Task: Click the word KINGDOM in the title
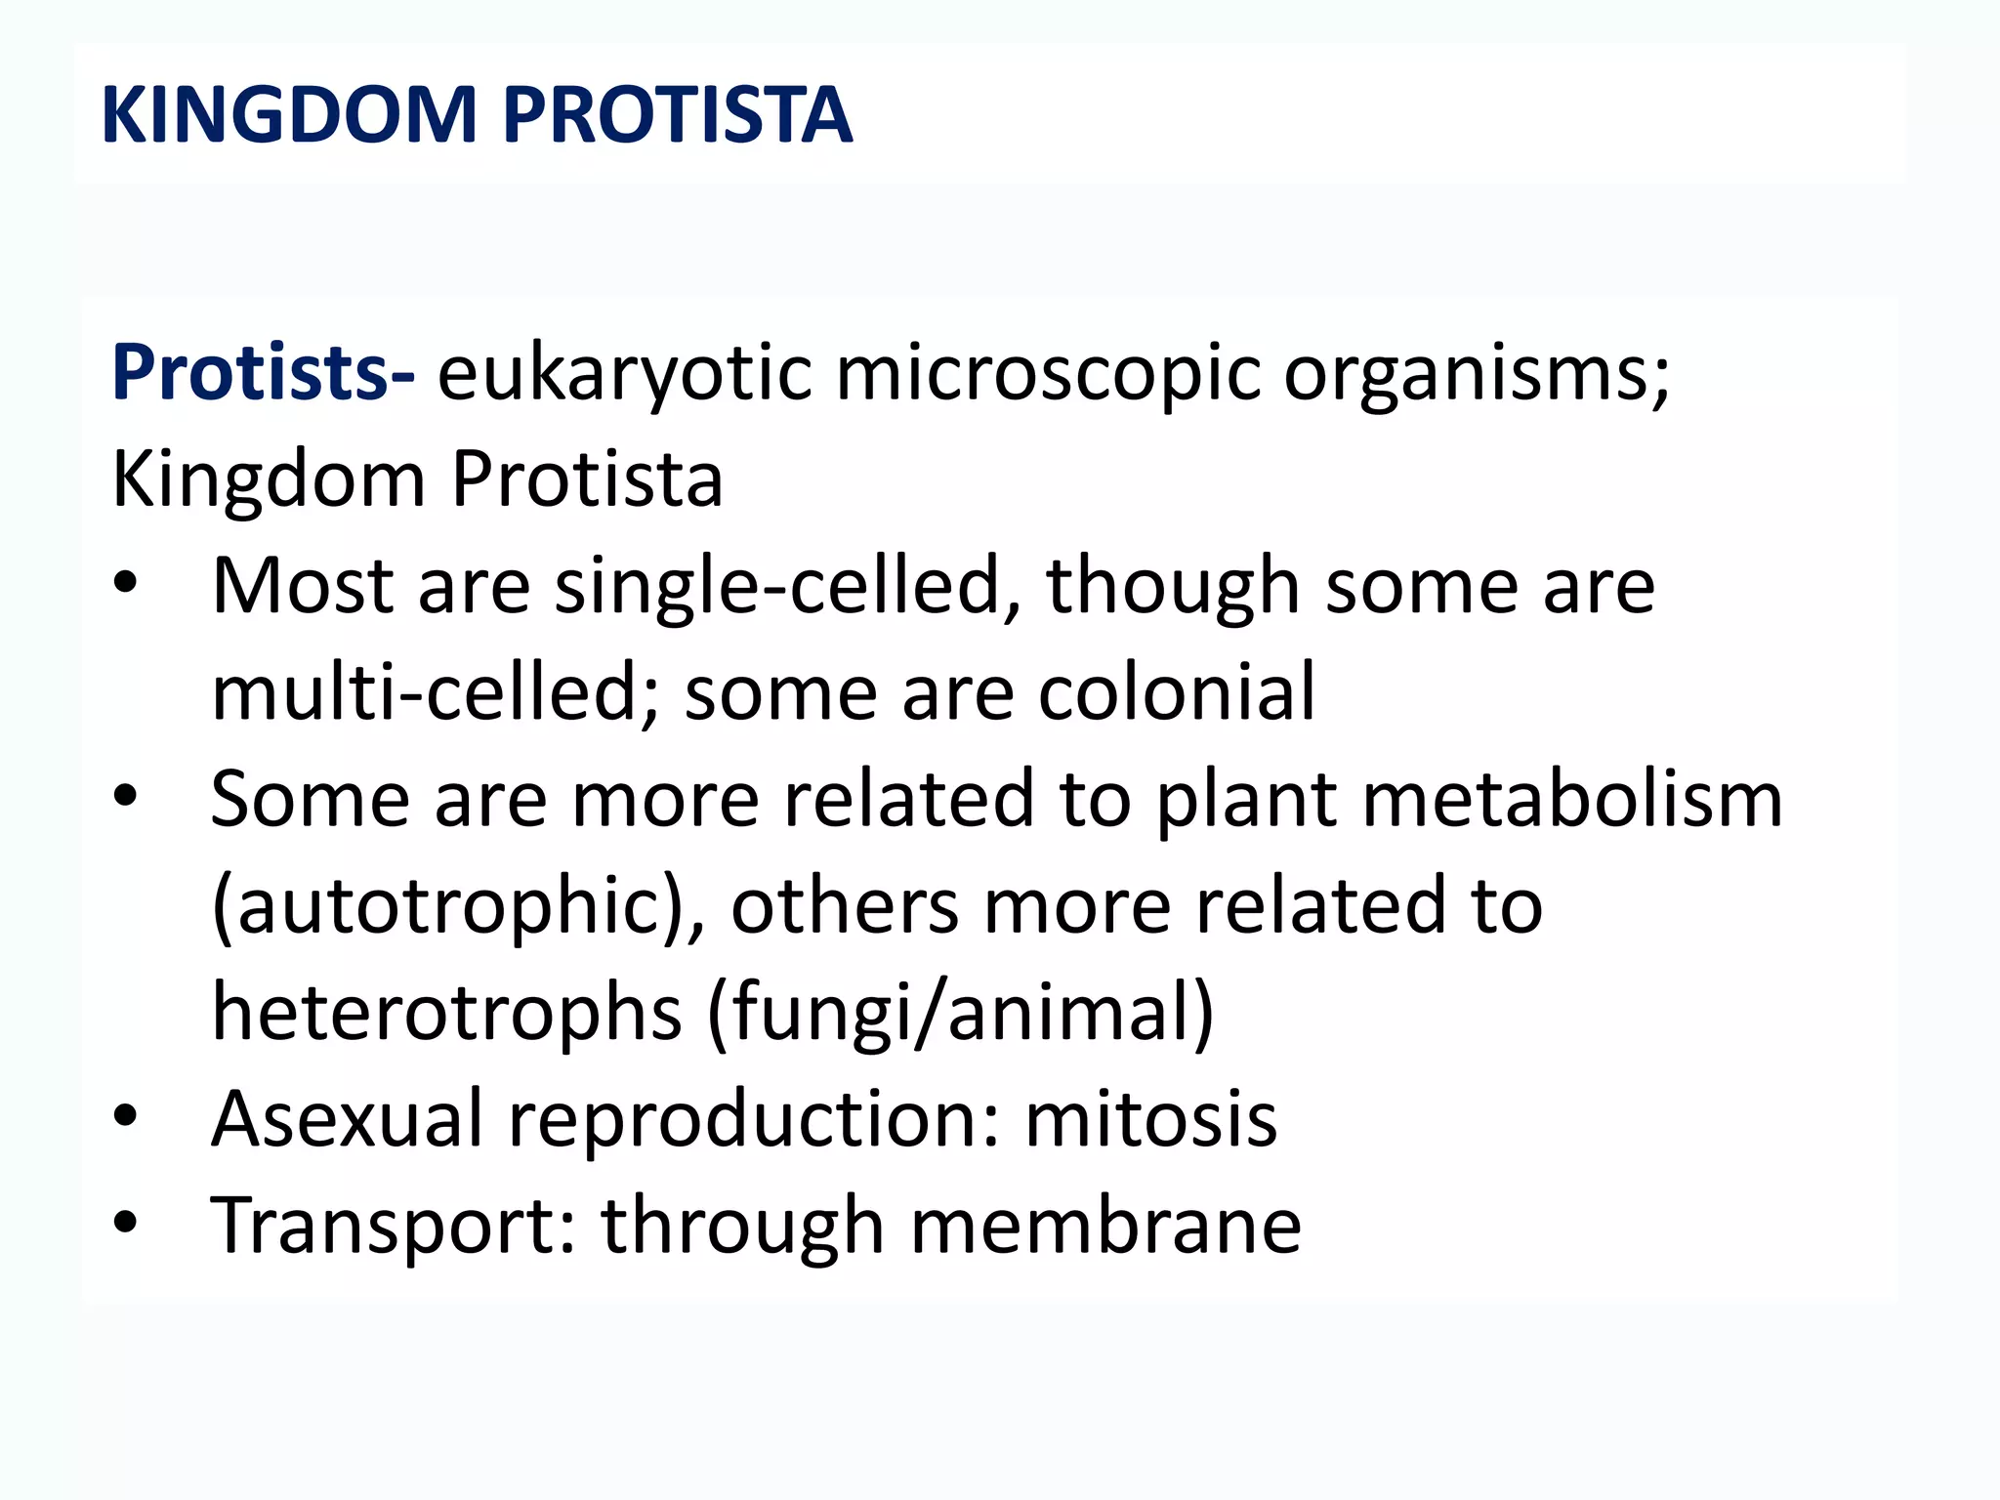click(x=289, y=115)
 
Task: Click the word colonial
click(x=1176, y=692)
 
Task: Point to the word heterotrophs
click(x=446, y=1013)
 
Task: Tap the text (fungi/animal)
click(x=960, y=1013)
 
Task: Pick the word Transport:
click(x=395, y=1227)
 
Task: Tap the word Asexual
click(x=348, y=1119)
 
